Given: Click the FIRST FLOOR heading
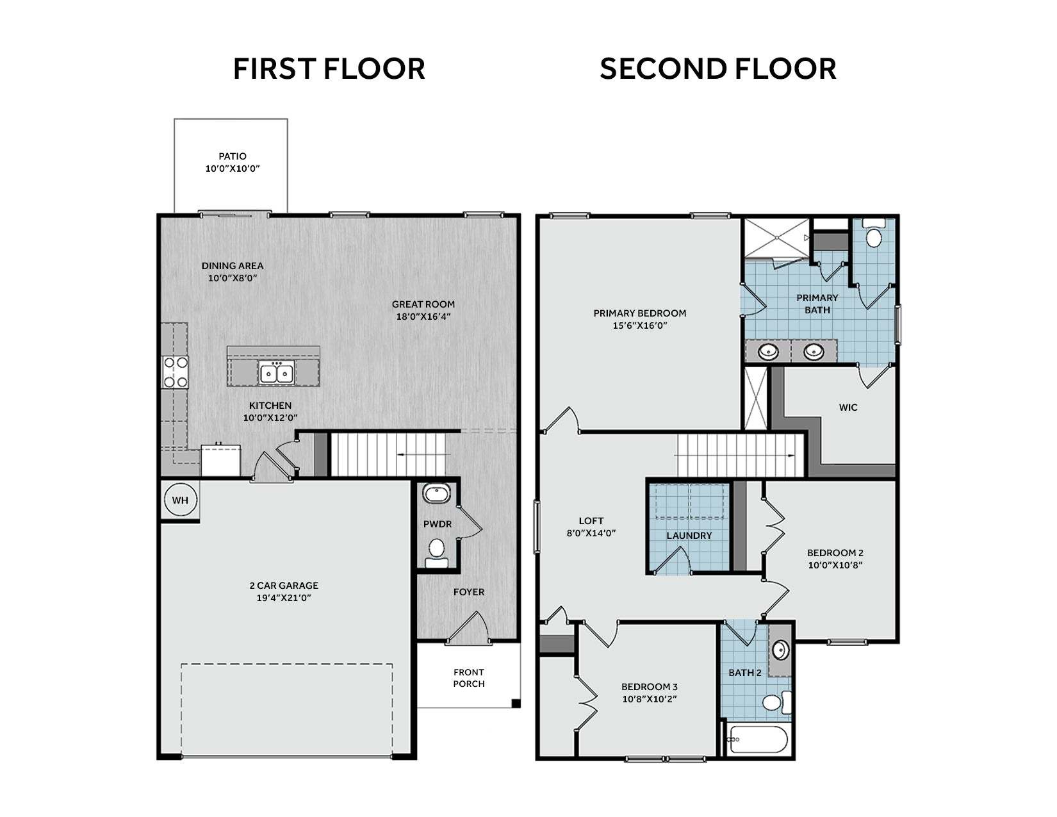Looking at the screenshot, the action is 329,69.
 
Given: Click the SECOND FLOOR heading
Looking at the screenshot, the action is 718,69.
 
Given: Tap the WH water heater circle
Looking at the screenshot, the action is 181,500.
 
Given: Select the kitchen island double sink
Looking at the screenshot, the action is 276,373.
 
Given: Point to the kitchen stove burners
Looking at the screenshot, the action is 176,372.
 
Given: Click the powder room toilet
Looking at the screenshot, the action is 437,553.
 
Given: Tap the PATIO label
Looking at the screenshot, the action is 233,156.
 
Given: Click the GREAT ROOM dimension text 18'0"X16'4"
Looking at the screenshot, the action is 423,317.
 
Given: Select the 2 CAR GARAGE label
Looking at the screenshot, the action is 284,586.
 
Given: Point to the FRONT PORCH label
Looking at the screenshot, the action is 469,678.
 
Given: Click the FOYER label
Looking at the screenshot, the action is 469,592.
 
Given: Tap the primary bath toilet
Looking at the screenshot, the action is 874,233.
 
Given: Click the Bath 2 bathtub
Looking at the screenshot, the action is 757,739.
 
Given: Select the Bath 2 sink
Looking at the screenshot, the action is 780,650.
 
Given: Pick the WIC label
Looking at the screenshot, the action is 848,408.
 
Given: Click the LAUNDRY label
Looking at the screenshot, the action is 689,536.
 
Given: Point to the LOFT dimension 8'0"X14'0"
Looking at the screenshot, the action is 591,533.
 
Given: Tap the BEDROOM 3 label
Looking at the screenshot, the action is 650,686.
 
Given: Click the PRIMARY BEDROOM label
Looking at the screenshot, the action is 640,313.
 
